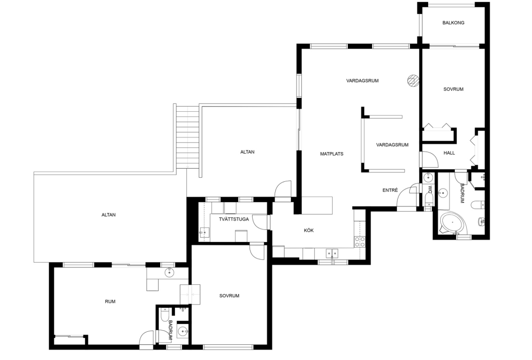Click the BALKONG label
click(453, 23)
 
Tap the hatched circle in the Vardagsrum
click(413, 80)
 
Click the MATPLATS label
click(332, 154)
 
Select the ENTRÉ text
click(390, 190)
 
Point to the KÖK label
click(309, 230)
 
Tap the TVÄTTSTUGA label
click(234, 219)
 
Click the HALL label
click(449, 153)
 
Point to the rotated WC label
click(430, 189)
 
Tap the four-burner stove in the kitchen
click(360, 241)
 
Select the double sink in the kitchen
click(332, 253)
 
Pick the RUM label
click(110, 301)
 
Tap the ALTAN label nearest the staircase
click(247, 152)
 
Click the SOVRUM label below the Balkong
click(453, 89)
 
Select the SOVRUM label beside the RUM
click(229, 296)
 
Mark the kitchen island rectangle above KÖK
click(317, 205)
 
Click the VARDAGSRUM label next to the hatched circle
click(362, 81)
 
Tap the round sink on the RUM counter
click(169, 272)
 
